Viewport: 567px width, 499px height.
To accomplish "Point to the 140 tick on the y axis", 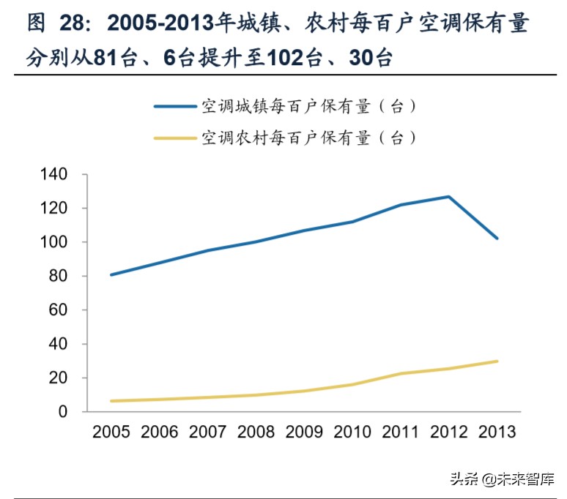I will click(55, 175).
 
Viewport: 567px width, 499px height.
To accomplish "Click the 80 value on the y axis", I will click(59, 277).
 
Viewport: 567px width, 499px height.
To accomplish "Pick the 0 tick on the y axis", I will click(64, 412).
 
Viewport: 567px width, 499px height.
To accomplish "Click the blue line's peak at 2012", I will click(448, 196).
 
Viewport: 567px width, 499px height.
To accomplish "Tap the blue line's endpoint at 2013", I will click(497, 239).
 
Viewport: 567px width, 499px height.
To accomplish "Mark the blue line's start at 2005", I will click(111, 275).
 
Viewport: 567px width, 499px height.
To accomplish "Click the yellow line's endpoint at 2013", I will click(497, 361).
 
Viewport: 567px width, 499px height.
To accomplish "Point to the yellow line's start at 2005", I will click(111, 401).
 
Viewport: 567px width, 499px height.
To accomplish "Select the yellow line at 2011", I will click(400, 374).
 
